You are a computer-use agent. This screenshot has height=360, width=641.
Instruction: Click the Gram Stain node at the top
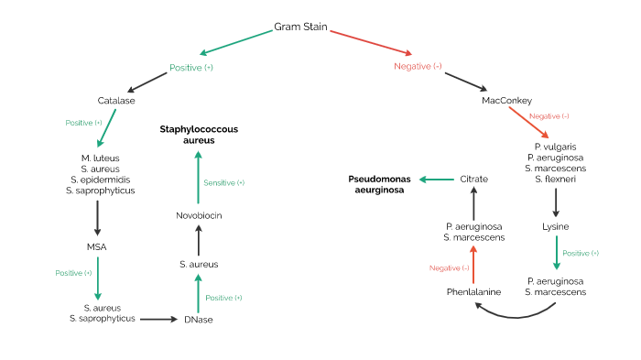pos(300,27)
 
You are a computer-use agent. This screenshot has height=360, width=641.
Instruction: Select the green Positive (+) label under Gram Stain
pos(191,68)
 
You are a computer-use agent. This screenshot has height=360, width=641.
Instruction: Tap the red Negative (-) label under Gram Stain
pos(418,67)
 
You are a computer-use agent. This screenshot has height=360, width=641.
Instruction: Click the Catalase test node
pos(116,100)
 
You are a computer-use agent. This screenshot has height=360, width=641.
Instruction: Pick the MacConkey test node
pos(506,100)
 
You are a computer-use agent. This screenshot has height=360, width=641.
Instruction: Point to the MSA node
pos(97,246)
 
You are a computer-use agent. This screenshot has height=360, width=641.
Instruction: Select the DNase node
pos(198,320)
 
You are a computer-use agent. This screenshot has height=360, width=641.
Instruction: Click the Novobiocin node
pos(199,215)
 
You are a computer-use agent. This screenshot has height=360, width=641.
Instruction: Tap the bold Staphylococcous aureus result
pos(199,135)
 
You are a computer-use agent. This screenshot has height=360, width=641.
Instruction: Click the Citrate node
pos(473,179)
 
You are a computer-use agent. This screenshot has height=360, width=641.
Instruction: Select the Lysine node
pos(556,225)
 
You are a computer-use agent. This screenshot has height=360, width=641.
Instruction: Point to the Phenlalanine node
pos(473,292)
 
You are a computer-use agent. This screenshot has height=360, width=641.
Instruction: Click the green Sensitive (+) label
pos(223,182)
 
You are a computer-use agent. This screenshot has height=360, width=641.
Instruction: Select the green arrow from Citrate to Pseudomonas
pos(437,180)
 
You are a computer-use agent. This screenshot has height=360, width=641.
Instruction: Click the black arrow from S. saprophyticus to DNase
pos(158,319)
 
